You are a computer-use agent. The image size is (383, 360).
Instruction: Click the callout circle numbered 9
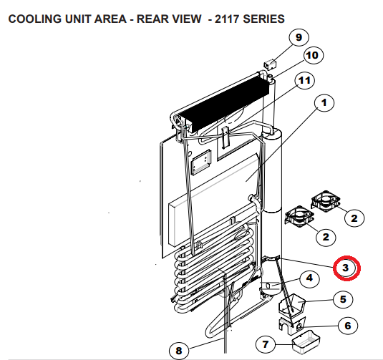point(298,37)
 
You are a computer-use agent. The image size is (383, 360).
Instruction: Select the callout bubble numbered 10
point(311,55)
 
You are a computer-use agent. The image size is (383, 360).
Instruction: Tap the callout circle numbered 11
point(305,80)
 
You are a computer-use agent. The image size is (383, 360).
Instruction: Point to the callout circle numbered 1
point(324,104)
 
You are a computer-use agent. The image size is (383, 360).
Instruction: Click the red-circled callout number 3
point(346,268)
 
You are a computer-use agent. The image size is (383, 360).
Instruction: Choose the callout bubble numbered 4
point(309,278)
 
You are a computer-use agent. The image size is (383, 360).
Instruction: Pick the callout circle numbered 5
point(342,299)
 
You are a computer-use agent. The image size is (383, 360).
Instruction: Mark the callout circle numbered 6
point(347,326)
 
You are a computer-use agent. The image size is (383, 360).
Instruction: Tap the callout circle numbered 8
point(179,350)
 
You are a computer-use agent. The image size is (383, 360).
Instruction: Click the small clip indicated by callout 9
point(270,65)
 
